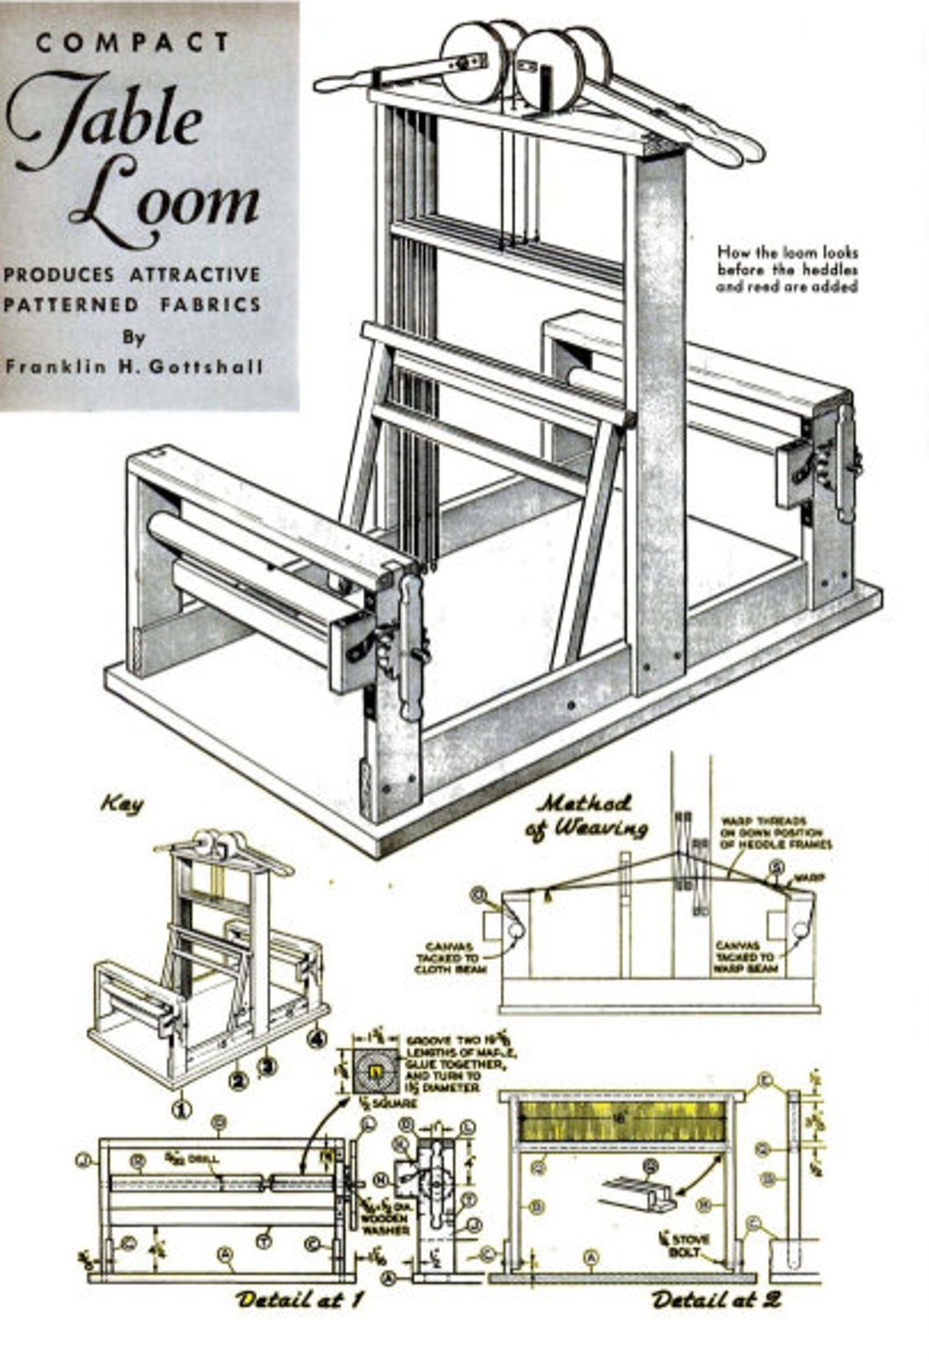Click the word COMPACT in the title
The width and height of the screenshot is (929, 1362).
[x=133, y=43]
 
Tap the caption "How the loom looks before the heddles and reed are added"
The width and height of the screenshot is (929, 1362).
[x=788, y=270]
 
